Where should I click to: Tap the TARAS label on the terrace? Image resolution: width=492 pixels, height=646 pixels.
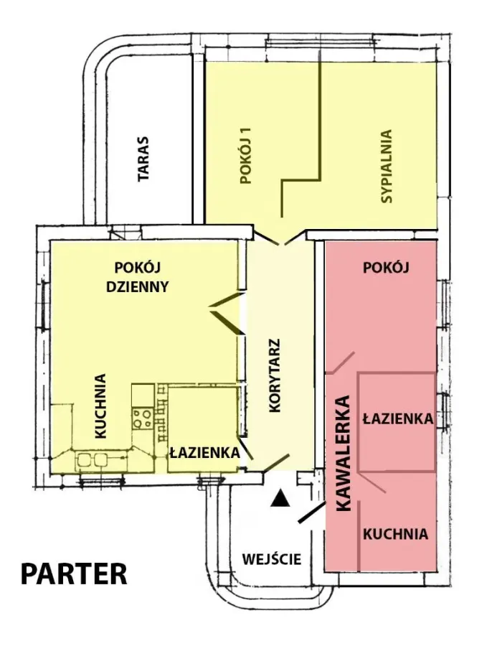[143, 159]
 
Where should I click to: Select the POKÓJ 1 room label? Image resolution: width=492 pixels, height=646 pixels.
[246, 155]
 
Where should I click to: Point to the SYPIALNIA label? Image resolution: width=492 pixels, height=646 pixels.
[387, 167]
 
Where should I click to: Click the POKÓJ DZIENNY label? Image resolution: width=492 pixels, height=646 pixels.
[137, 277]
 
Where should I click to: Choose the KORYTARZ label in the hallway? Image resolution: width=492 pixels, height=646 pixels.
[274, 375]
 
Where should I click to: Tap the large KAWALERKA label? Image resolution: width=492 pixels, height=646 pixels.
[343, 453]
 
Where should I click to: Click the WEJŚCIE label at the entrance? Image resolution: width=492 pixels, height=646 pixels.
[272, 559]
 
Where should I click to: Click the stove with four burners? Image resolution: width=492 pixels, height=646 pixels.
[142, 418]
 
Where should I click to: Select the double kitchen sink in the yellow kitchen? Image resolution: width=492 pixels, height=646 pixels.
[91, 459]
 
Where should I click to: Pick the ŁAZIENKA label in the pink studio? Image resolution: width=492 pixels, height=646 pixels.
[398, 419]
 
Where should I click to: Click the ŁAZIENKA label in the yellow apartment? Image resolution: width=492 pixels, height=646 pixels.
[205, 452]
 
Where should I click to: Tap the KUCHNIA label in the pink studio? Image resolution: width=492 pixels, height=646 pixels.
[395, 534]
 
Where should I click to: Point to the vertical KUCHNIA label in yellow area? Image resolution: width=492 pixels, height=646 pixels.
[100, 406]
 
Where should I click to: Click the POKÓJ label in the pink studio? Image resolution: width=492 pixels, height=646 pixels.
[386, 268]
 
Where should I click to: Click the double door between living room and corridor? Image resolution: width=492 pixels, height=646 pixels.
[227, 313]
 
